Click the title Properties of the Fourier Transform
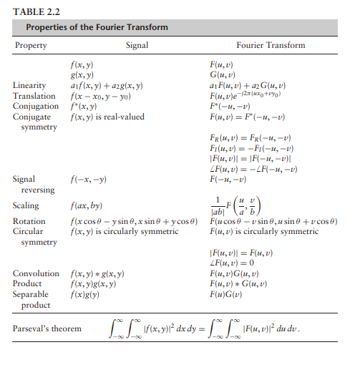pos(97,28)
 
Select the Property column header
pos(31,45)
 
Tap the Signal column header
pos(137,45)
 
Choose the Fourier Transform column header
pos(271,45)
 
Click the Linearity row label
pos(31,85)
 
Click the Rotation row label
pos(29,222)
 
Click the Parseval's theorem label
pos(47,328)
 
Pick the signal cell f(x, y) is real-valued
pos(108,116)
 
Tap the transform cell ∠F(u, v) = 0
pos(233,263)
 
